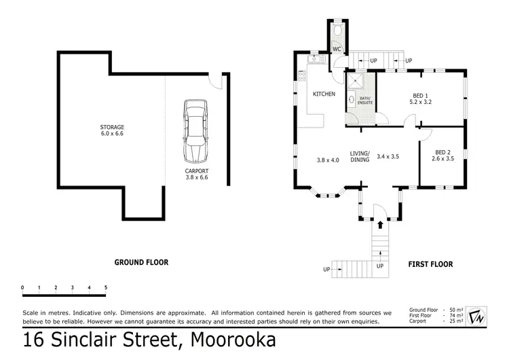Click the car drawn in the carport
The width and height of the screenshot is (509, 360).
pos(195,129)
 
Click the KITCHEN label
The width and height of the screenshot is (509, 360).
pos(323,94)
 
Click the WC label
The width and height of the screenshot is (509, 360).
pos(336,49)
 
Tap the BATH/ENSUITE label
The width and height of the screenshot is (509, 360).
pos(365,101)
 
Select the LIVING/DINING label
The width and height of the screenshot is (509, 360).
pos(360,157)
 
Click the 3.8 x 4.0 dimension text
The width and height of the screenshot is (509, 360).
pos(327,160)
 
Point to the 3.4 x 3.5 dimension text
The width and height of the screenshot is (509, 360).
pos(388,156)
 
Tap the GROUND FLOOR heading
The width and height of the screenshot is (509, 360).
pos(141,262)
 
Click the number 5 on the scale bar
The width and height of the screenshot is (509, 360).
pos(105,287)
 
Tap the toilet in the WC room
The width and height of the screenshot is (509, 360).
pos(337,31)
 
